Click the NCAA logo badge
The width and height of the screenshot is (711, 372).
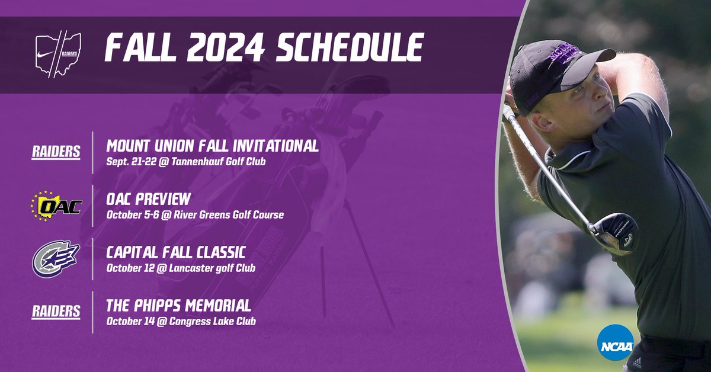tap(616, 344)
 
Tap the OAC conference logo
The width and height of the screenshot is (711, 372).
tap(56, 206)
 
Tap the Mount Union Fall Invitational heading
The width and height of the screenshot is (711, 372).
tap(213, 146)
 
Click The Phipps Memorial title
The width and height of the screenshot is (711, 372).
tap(178, 306)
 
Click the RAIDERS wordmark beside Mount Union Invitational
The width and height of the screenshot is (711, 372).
tap(56, 152)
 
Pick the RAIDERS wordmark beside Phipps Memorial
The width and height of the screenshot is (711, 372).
tap(56, 312)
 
